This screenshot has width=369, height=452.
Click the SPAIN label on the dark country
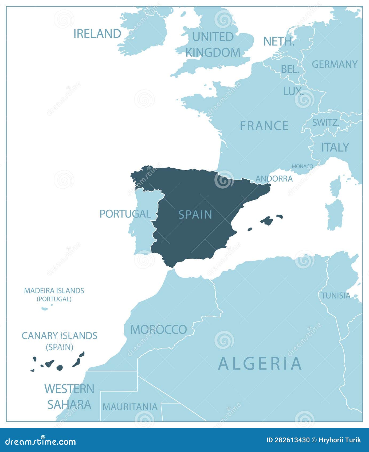(195, 214)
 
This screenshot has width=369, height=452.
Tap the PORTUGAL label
(125, 214)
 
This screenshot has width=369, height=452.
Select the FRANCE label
(264, 126)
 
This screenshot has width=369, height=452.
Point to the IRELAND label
(97, 34)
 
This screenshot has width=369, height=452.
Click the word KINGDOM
(213, 52)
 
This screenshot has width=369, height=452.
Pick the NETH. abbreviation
(279, 41)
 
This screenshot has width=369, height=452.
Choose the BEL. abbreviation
(290, 70)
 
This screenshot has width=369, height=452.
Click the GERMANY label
(335, 64)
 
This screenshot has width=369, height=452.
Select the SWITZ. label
(326, 122)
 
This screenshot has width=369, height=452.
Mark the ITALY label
(335, 147)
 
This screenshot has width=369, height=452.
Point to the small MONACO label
(302, 166)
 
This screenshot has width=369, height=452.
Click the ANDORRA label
(274, 179)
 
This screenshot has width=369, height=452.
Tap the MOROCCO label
(158, 330)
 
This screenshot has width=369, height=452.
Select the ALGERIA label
(260, 364)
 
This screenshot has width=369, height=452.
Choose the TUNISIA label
(336, 296)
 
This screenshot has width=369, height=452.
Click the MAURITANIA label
(130, 407)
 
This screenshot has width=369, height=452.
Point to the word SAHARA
(69, 404)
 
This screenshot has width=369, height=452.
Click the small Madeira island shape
(45, 309)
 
